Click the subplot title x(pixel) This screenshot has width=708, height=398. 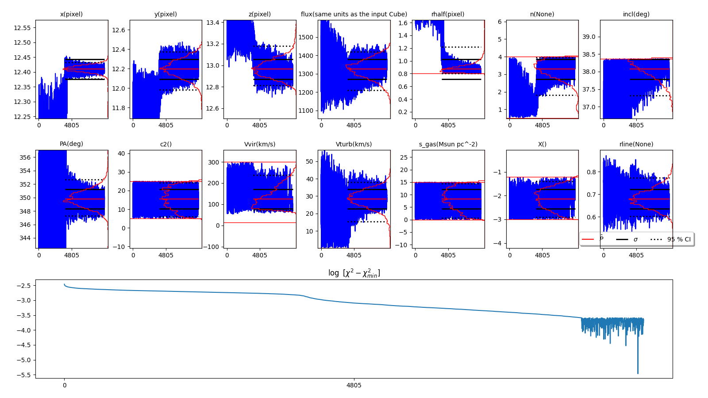(71, 14)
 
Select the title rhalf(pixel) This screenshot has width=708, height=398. (448, 14)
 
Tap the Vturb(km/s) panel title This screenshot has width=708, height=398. (354, 144)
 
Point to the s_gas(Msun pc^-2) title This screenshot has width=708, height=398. (448, 144)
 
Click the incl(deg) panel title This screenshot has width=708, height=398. (636, 14)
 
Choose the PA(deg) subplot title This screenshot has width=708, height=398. (71, 144)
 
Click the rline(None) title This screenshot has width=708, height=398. (636, 144)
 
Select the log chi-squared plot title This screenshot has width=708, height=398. (354, 273)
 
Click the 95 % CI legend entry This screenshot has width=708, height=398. (678, 239)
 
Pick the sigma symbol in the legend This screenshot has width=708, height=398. (635, 239)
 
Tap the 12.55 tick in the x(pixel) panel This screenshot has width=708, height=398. (22, 28)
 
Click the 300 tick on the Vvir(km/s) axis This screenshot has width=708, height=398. (214, 162)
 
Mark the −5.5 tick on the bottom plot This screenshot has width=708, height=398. (23, 375)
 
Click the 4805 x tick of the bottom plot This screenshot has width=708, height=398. (354, 385)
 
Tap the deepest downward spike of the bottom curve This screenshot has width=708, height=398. (638, 373)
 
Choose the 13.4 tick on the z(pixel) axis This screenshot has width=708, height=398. (213, 22)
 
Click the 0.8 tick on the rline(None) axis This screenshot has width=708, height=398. (590, 172)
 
